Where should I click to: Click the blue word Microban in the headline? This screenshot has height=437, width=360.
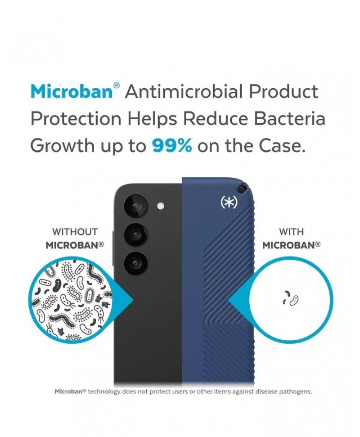pyautogui.click(x=72, y=91)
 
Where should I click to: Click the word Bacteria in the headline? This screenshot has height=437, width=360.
pyautogui.click(x=289, y=118)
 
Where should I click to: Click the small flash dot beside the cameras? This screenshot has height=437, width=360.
pyautogui.click(x=161, y=206)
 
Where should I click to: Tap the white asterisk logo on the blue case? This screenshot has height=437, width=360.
pyautogui.click(x=229, y=202)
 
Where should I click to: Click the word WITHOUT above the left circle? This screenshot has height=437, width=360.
pyautogui.click(x=75, y=232)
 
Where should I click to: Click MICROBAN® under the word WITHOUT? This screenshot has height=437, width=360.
pyautogui.click(x=75, y=245)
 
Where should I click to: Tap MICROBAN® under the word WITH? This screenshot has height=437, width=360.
pyautogui.click(x=291, y=245)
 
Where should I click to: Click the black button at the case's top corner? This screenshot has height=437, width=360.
pyautogui.click(x=243, y=188)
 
